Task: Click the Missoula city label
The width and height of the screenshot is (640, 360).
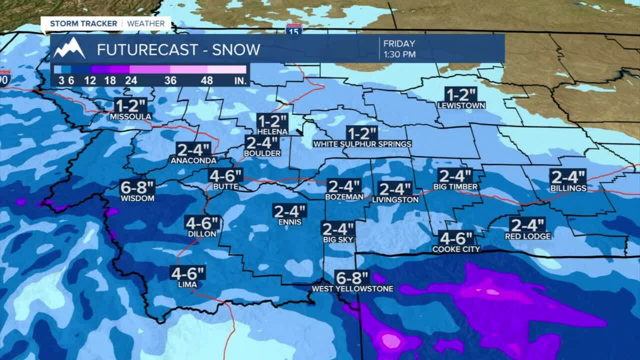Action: (x=130, y=117)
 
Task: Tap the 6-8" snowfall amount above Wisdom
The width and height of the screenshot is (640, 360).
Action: (x=137, y=188)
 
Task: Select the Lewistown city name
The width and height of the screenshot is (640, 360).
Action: (x=461, y=105)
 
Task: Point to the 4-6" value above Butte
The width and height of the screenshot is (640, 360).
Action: (x=226, y=176)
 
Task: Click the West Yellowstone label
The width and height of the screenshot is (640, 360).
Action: (x=352, y=288)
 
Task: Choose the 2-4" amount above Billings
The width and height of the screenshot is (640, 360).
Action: (x=567, y=177)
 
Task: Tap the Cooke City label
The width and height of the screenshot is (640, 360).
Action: (x=456, y=249)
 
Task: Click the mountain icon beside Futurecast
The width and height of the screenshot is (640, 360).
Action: (x=69, y=48)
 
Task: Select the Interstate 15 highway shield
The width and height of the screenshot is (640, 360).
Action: (x=294, y=29)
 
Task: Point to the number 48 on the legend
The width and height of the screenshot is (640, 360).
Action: (x=207, y=80)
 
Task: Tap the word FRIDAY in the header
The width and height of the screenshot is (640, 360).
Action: (x=399, y=44)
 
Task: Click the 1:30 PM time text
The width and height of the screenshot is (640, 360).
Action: (x=399, y=54)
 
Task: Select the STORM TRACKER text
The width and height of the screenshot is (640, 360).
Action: (x=83, y=23)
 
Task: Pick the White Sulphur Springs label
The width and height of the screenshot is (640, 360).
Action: (x=362, y=144)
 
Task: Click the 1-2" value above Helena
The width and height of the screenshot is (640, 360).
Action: (x=272, y=121)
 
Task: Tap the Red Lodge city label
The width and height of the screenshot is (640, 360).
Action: (x=527, y=236)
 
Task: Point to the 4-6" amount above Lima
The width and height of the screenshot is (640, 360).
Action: (x=187, y=273)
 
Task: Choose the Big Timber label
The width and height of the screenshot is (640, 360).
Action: (x=455, y=187)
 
